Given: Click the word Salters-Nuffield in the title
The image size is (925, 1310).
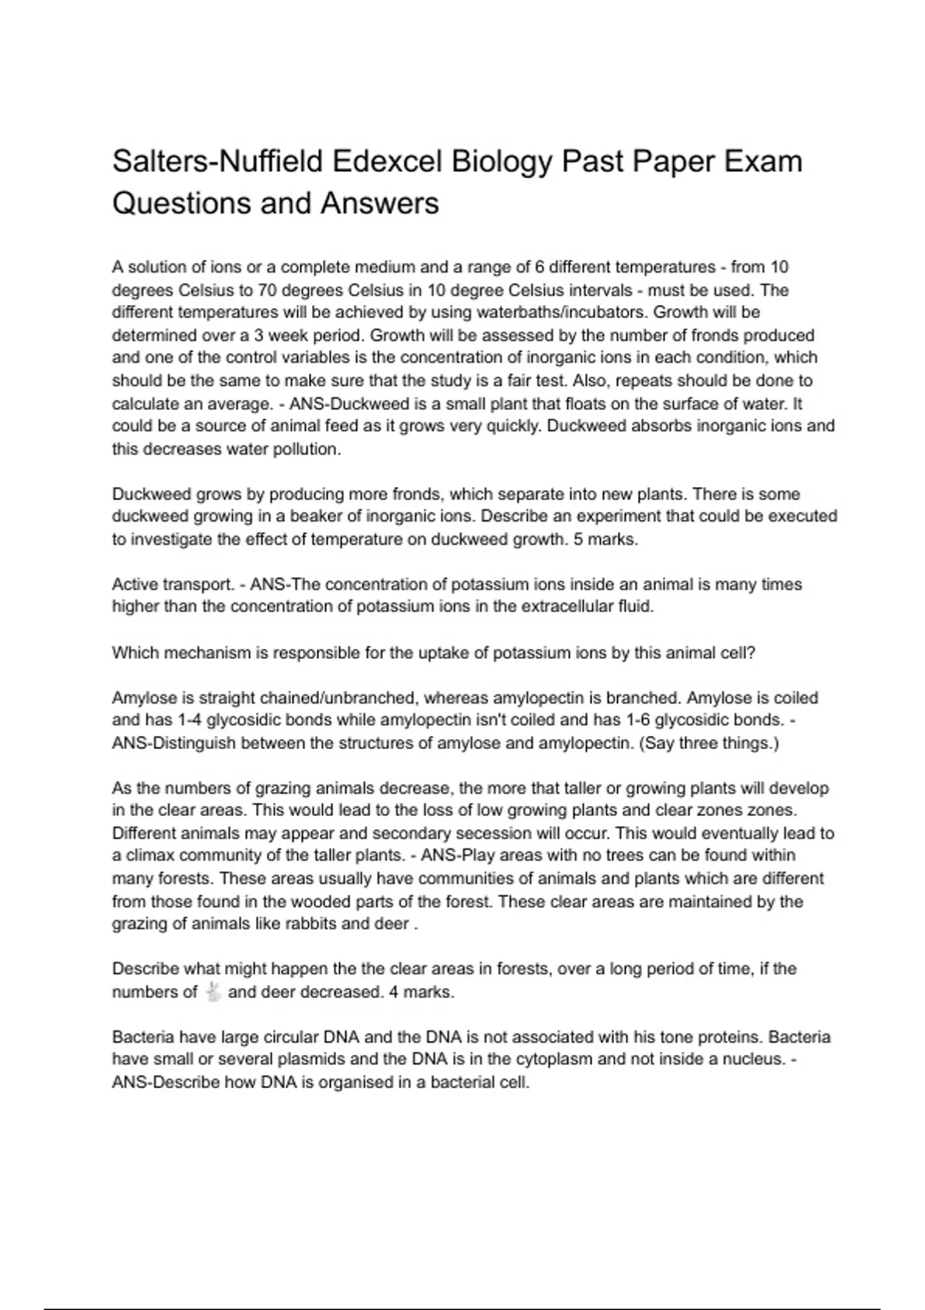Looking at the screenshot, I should point(217,162).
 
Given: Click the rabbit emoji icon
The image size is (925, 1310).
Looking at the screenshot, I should point(214,992).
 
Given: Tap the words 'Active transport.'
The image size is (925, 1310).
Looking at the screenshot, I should point(173,585).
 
